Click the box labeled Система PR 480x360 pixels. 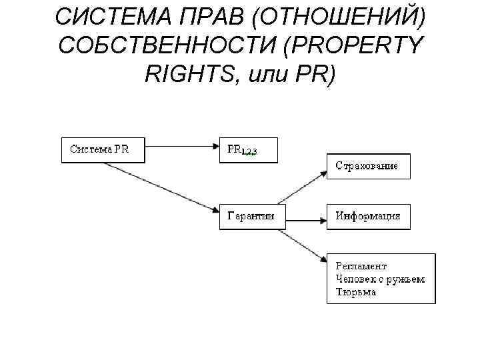pyautogui.click(x=104, y=150)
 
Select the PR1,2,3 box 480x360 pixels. pyautogui.click(x=248, y=150)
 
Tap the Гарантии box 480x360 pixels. pyautogui.click(x=252, y=216)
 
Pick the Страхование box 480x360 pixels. pyautogui.click(x=368, y=166)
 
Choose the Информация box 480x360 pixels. pyautogui.click(x=368, y=216)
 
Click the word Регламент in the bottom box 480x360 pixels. pyautogui.click(x=361, y=266)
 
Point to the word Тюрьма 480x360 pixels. pyautogui.click(x=356, y=292)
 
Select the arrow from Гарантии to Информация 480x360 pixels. pyautogui.click(x=306, y=217)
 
